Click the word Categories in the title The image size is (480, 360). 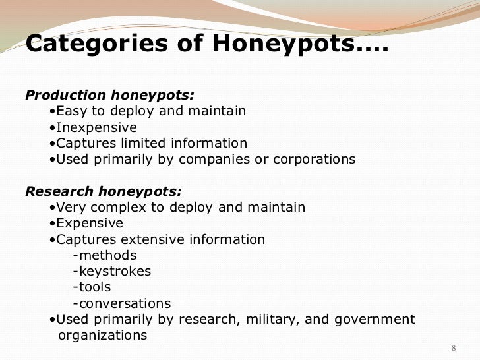click(97, 45)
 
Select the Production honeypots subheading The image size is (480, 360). click(109, 95)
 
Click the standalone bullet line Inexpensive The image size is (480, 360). click(96, 127)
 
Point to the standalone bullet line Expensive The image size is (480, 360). click(90, 224)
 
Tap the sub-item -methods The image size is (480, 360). click(105, 255)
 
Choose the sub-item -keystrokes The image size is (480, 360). click(112, 271)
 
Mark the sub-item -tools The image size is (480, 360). click(92, 287)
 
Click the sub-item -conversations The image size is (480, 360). click(122, 303)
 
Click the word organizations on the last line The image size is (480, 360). click(103, 336)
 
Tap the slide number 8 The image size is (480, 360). click(453, 347)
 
